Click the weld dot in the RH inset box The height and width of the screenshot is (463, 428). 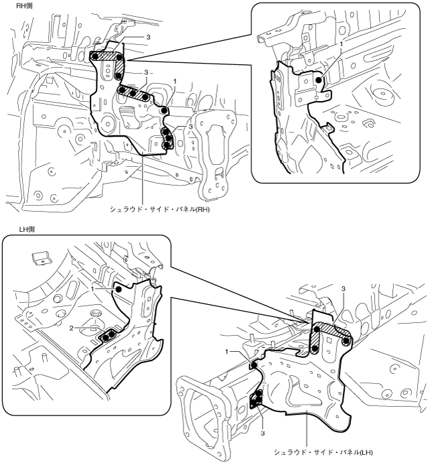[320, 80]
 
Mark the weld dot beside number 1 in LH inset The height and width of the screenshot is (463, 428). [119, 289]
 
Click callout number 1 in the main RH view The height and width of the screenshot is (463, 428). [175, 80]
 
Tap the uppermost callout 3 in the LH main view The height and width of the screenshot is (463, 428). [344, 289]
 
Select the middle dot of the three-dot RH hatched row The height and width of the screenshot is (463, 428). [133, 92]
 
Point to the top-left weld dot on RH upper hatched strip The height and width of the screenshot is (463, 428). [96, 56]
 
